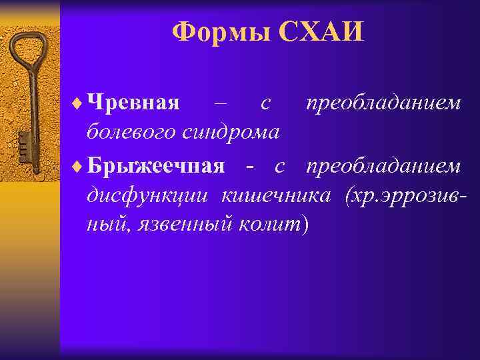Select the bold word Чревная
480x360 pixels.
[x=134, y=104]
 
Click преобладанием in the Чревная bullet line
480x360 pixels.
[x=383, y=104]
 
